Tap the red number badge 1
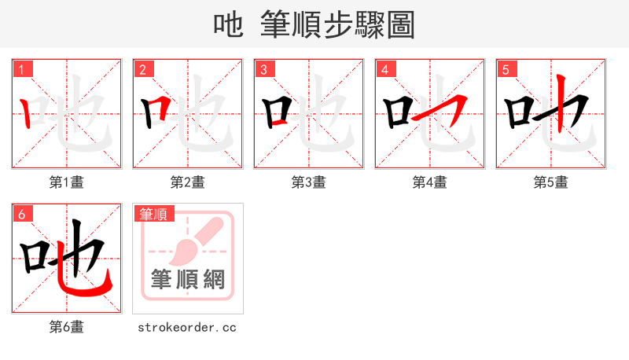point(21,69)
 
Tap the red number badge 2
point(142,69)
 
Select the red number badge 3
point(263,69)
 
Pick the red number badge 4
point(384,69)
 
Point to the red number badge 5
point(506,69)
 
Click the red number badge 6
point(21,214)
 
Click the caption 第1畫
point(67,182)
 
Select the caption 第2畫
point(188,182)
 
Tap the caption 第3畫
point(309,182)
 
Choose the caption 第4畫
point(430,182)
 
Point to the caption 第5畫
point(551,182)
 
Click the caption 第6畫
point(67,327)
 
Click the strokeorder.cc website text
point(187,327)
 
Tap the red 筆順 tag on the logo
point(154,214)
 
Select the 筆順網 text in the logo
point(188,279)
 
